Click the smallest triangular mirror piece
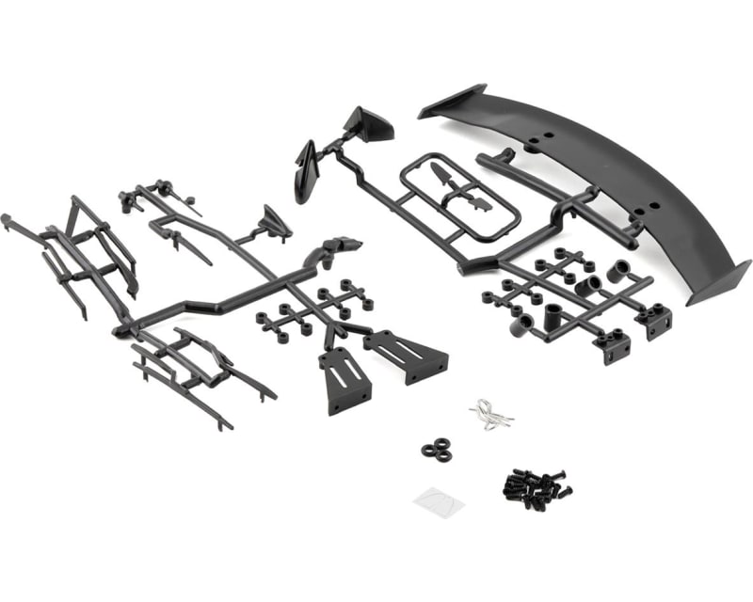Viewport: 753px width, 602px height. point(276,222)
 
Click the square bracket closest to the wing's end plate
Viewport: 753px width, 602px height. point(652,321)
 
